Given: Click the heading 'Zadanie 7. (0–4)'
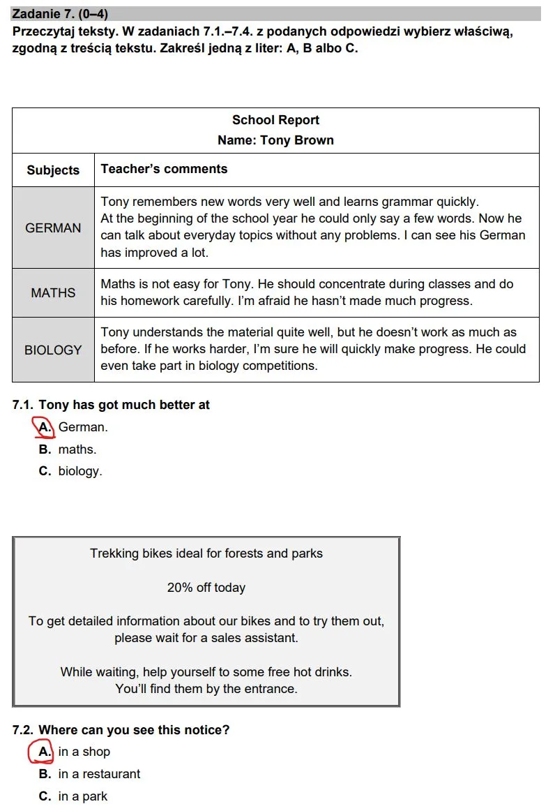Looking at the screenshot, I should [x=61, y=14].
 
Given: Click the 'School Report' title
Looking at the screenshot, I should [x=275, y=120].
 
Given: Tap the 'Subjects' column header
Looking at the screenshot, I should [x=53, y=170].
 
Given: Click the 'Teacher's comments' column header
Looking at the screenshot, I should [x=164, y=169].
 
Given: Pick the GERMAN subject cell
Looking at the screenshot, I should [x=53, y=228].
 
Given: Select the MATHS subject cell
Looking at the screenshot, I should [x=53, y=293].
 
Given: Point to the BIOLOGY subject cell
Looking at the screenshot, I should [x=53, y=350].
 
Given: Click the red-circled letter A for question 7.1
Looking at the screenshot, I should [x=44, y=426].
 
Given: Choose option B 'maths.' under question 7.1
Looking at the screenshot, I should [x=68, y=449].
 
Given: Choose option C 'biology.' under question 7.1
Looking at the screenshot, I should [x=70, y=471].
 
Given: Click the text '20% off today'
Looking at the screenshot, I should [x=206, y=588].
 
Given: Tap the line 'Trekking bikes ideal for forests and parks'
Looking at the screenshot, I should [x=206, y=553].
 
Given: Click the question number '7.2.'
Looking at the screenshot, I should [x=23, y=730].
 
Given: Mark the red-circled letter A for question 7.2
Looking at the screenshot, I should [x=43, y=752].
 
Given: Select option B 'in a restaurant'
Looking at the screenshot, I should [x=90, y=774].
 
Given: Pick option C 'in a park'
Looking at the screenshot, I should [x=74, y=796].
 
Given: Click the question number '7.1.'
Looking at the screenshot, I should [x=23, y=405].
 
